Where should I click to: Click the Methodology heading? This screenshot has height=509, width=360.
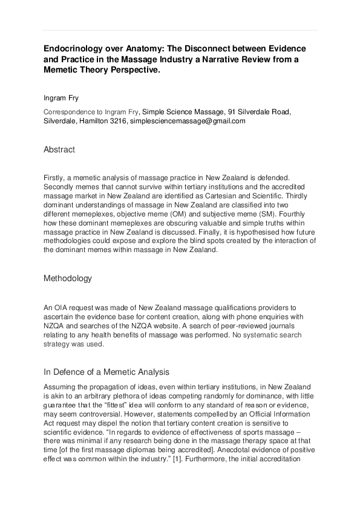click(x=68, y=278)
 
